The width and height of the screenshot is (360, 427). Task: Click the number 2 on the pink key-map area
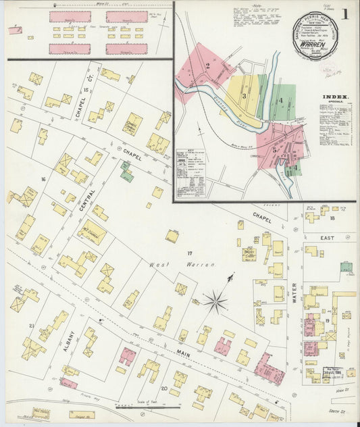coord(209,66)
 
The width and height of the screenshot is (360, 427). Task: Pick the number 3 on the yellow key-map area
coord(244,96)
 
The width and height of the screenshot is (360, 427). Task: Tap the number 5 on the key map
coord(274,149)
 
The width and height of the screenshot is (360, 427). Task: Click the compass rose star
coord(216,300)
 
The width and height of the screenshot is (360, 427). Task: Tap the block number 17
coord(190,252)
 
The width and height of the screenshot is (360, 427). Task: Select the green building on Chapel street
coord(126,171)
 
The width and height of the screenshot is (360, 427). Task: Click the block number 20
coord(164,388)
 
